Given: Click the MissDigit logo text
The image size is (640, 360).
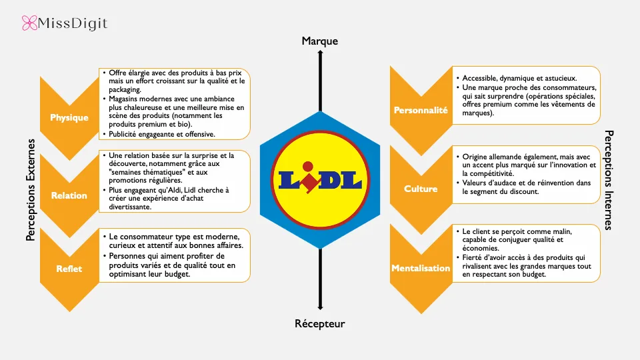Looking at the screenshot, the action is (x=73, y=24).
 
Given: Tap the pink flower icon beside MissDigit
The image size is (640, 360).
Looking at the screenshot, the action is (x=29, y=23).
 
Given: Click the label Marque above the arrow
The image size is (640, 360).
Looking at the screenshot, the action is (x=319, y=41).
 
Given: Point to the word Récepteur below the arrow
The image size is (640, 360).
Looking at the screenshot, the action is (x=319, y=324).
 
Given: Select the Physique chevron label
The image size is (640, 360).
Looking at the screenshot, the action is (x=69, y=117).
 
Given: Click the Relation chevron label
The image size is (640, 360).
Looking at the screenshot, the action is (x=69, y=195).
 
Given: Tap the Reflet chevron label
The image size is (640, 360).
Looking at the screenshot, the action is (x=69, y=269).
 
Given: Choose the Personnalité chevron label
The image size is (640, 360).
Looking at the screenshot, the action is (x=421, y=110).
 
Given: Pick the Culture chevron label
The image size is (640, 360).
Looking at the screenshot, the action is (x=421, y=189).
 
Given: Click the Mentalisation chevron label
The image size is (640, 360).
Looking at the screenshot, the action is (x=421, y=268).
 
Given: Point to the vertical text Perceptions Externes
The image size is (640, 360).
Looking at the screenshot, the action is (x=31, y=190).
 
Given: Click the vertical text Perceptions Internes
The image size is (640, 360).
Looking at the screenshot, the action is (x=609, y=180).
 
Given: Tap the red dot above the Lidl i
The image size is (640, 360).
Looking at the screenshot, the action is (x=308, y=167).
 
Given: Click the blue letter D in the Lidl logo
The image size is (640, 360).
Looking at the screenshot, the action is (x=328, y=181).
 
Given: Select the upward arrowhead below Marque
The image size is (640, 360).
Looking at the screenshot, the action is (x=320, y=53).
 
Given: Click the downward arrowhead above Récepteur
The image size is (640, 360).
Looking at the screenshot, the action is (x=320, y=307).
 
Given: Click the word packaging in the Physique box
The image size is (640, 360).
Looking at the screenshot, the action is (x=125, y=90).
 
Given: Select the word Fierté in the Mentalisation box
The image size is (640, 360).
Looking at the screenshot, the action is (x=473, y=257).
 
